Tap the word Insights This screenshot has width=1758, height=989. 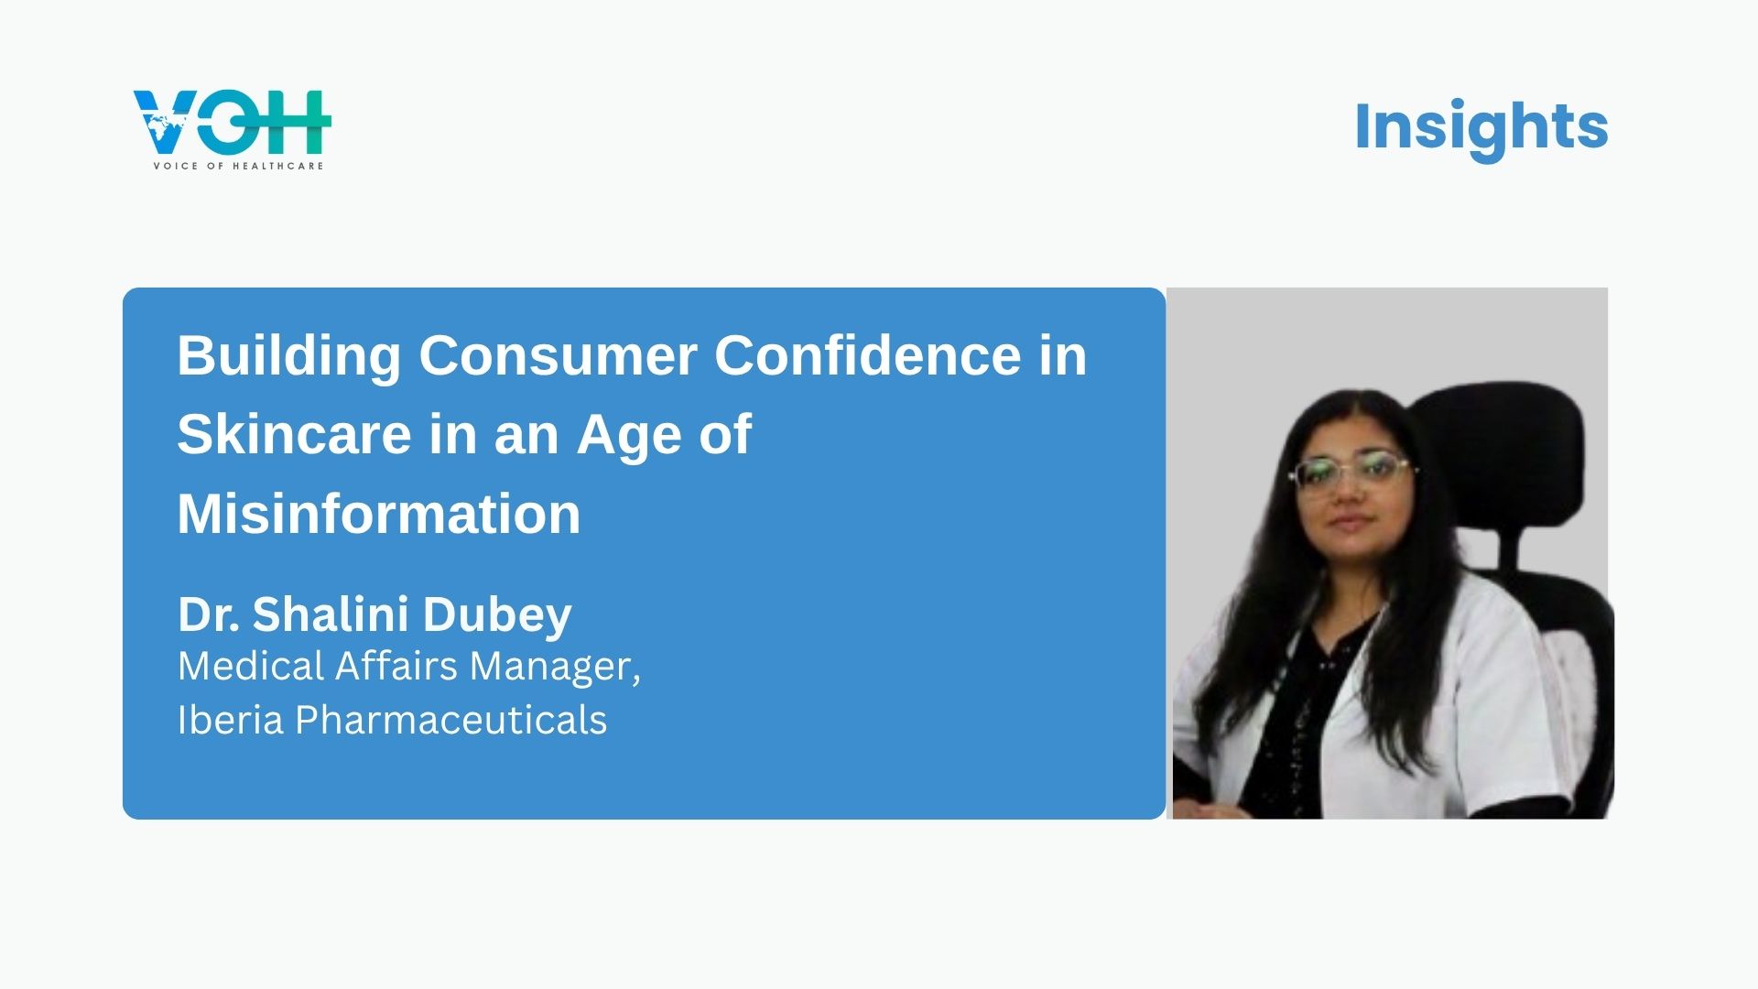(1481, 126)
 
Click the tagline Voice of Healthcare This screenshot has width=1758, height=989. (238, 166)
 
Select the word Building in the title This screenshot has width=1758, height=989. (289, 357)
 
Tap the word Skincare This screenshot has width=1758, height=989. (294, 434)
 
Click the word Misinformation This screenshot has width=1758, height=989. (379, 514)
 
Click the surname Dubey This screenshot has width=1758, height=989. (497, 616)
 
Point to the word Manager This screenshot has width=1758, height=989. (555, 667)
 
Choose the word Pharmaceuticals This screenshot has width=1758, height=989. (450, 720)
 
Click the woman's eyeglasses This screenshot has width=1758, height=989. (1351, 473)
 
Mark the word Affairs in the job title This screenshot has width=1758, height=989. (396, 666)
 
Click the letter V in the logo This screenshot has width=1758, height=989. (166, 123)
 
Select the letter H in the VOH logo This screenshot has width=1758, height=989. (299, 122)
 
